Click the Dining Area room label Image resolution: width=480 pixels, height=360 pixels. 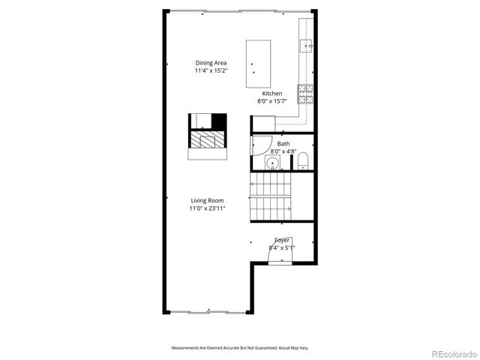click(x=211, y=63)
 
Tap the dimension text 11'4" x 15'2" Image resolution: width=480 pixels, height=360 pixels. click(x=211, y=70)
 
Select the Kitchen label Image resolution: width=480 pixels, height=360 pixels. click(x=272, y=93)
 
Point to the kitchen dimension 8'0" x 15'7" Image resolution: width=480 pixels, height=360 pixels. click(x=272, y=100)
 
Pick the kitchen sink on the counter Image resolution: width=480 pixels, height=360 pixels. click(x=306, y=45)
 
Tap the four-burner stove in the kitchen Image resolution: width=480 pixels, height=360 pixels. click(x=306, y=93)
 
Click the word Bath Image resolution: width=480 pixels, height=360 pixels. click(x=283, y=143)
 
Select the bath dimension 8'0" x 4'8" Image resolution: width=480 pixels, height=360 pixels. click(x=283, y=151)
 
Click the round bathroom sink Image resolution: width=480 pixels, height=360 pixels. click(x=274, y=163)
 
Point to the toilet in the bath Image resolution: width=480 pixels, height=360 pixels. click(x=303, y=162)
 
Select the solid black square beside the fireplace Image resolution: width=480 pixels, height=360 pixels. click(x=219, y=121)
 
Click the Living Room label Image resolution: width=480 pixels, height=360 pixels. click(x=207, y=201)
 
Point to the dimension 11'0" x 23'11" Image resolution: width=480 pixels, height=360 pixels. click(x=207, y=208)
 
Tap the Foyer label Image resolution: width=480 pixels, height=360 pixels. click(x=282, y=240)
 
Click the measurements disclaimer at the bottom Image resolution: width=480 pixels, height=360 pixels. click(x=240, y=348)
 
